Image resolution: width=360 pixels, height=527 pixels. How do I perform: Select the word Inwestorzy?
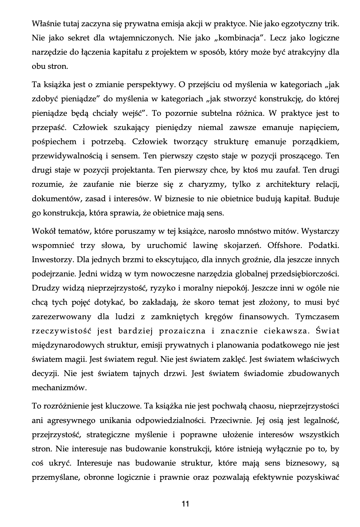pos(52,259)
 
